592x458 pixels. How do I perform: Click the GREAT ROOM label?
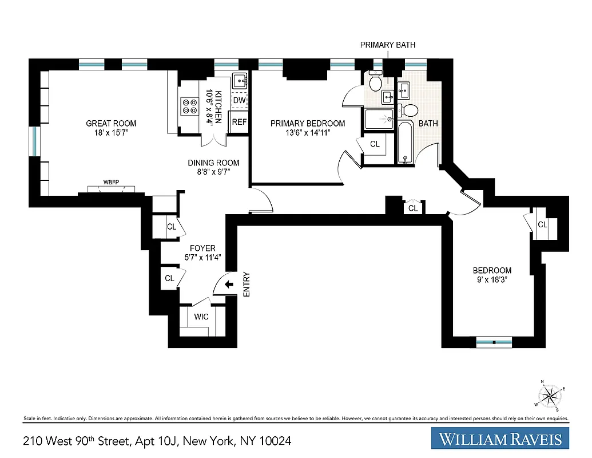111,123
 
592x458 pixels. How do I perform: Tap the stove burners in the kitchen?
188,105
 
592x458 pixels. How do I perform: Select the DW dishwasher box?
240,100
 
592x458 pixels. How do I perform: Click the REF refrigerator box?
239,122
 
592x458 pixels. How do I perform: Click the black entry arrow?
229,285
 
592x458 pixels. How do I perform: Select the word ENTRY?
247,284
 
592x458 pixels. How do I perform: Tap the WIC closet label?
201,317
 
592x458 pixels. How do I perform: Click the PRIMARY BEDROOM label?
308,123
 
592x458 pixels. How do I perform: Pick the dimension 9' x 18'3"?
492,281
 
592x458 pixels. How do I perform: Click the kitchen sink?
240,81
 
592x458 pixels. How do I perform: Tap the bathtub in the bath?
405,143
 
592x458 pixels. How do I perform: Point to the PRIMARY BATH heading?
387,45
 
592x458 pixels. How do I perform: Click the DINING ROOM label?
213,163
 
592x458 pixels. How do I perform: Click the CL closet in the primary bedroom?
375,144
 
